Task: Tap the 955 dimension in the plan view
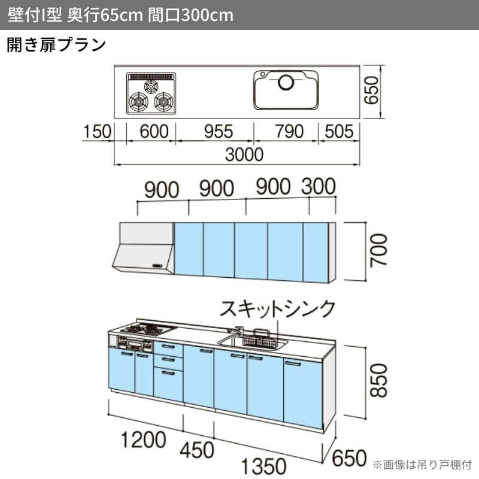coord(214,131)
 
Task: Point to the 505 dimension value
coord(339,131)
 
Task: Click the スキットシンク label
coord(278,309)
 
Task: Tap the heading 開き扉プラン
coord(56,45)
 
